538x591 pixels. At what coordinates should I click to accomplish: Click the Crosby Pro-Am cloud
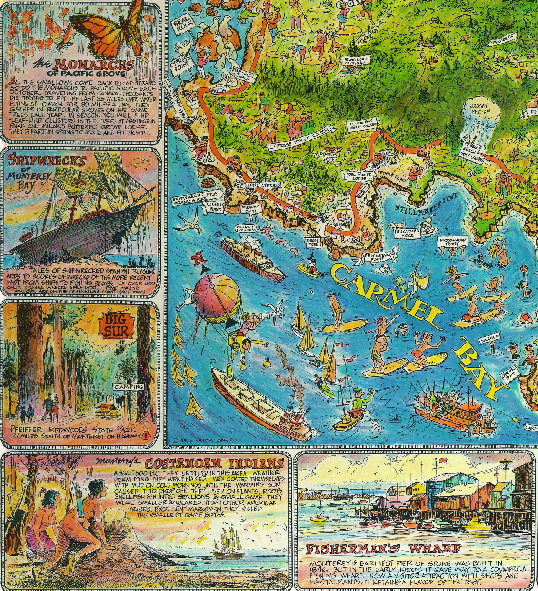482,110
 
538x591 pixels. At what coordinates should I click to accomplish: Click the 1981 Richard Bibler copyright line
203,439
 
